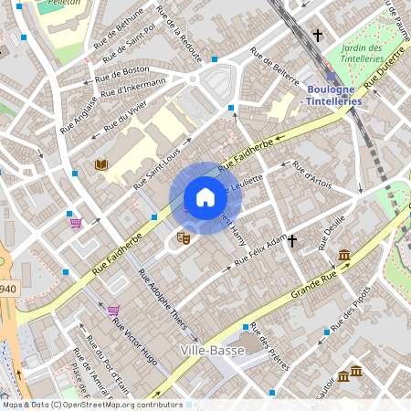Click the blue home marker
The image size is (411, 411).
205,197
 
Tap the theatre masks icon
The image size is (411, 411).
183,237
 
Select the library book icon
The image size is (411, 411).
100,164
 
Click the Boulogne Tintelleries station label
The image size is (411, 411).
333,95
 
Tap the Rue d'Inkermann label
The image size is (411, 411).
134,88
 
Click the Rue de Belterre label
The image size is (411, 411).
274,70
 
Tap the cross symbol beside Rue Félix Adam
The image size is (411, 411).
293,242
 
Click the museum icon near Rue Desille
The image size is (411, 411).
343,255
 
